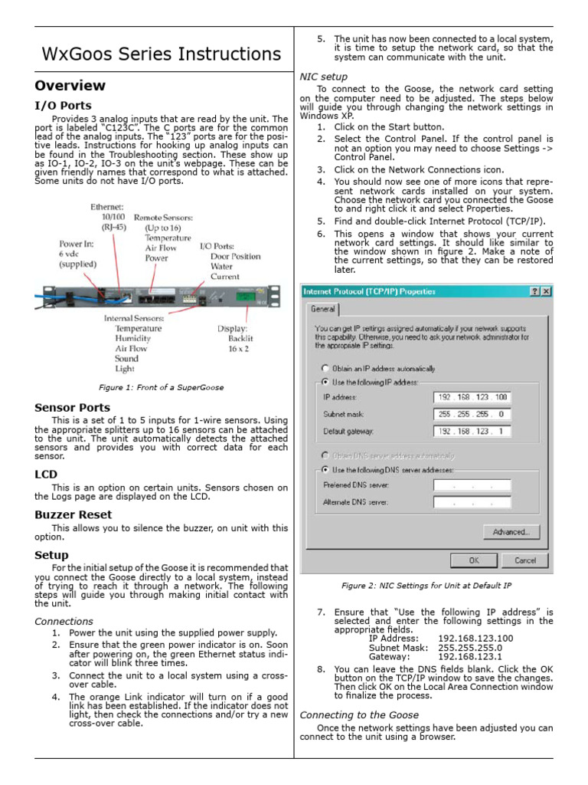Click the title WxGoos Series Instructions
click(x=161, y=54)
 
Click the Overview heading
click(x=70, y=85)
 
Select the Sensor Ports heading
click(x=72, y=408)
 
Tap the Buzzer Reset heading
click(x=73, y=515)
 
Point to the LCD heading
click(x=46, y=475)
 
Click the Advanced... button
click(x=511, y=532)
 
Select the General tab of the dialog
click(x=322, y=309)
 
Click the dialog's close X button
click(x=546, y=291)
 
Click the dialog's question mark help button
click(x=533, y=291)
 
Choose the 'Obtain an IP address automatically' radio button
click(x=325, y=368)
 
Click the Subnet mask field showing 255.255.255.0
click(x=472, y=414)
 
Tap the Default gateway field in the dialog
click(x=472, y=431)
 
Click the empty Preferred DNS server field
click(x=472, y=485)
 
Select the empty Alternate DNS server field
click(x=472, y=502)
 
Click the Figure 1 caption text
click(x=161, y=388)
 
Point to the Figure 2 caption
click(x=426, y=586)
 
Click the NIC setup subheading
click(x=323, y=77)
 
